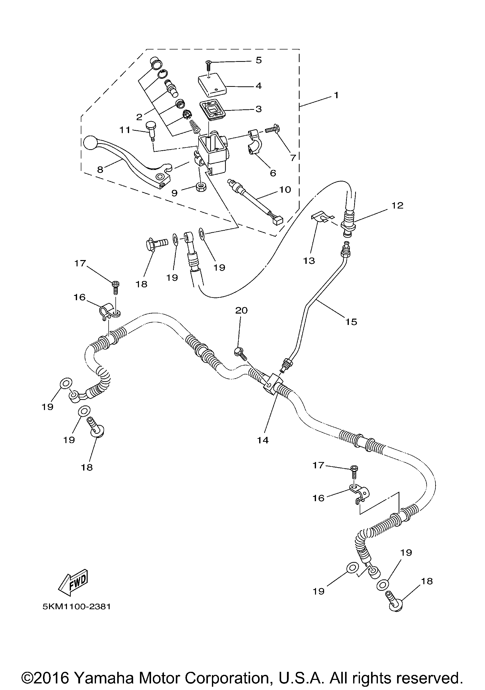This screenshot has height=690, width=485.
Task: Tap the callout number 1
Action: pos(336,95)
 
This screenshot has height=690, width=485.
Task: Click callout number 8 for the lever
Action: pos(100,170)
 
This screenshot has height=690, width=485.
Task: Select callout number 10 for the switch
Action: pos(285,190)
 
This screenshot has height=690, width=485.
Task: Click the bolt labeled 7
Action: pos(272,130)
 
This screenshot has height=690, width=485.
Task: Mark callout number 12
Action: pos(398,206)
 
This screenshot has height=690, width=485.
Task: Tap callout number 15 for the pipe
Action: pos(351,322)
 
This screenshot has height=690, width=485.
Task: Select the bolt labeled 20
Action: pos(240,353)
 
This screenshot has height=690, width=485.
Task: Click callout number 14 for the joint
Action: pos(262,440)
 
